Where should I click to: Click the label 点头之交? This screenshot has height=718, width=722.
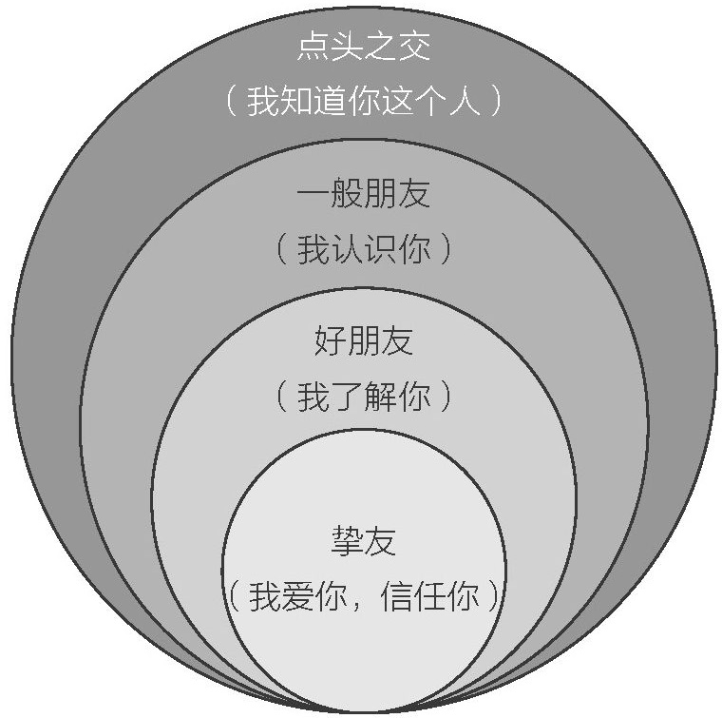pyautogui.click(x=364, y=45)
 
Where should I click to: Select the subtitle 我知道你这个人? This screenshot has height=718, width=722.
pyautogui.click(x=364, y=101)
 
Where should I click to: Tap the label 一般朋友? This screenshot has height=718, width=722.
pyautogui.click(x=364, y=195)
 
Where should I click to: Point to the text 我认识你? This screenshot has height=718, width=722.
pyautogui.click(x=364, y=250)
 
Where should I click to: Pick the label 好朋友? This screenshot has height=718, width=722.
pyautogui.click(x=364, y=340)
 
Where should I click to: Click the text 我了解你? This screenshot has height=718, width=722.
pyautogui.click(x=364, y=397)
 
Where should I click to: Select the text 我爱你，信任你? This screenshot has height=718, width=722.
pyautogui.click(x=364, y=598)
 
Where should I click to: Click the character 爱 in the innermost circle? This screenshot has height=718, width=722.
pyautogui.click(x=299, y=598)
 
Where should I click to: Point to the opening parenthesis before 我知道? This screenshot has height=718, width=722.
pyautogui.click(x=231, y=101)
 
